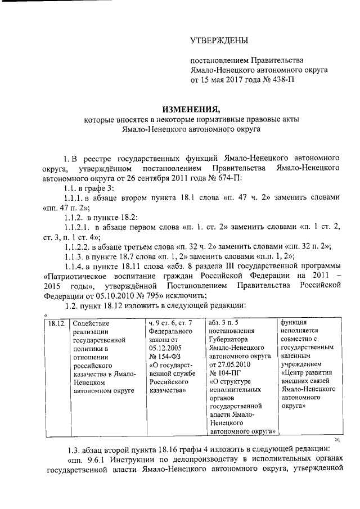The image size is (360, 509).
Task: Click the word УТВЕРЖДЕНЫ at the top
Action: point(218,40)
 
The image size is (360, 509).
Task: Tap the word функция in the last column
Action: point(295,323)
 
